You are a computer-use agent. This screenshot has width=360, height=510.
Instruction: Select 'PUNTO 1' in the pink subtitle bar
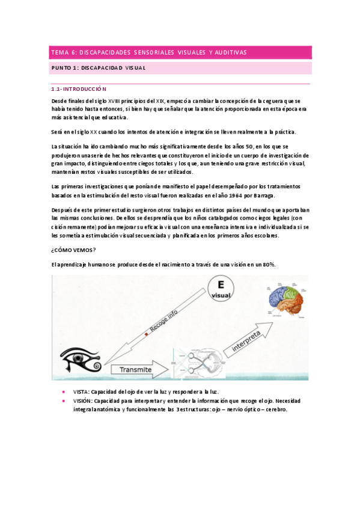pyautogui.click(x=63, y=68)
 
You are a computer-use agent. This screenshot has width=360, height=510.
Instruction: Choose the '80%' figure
pyautogui.click(x=268, y=265)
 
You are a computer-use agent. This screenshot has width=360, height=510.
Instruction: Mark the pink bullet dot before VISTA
pyautogui.click(x=64, y=392)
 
